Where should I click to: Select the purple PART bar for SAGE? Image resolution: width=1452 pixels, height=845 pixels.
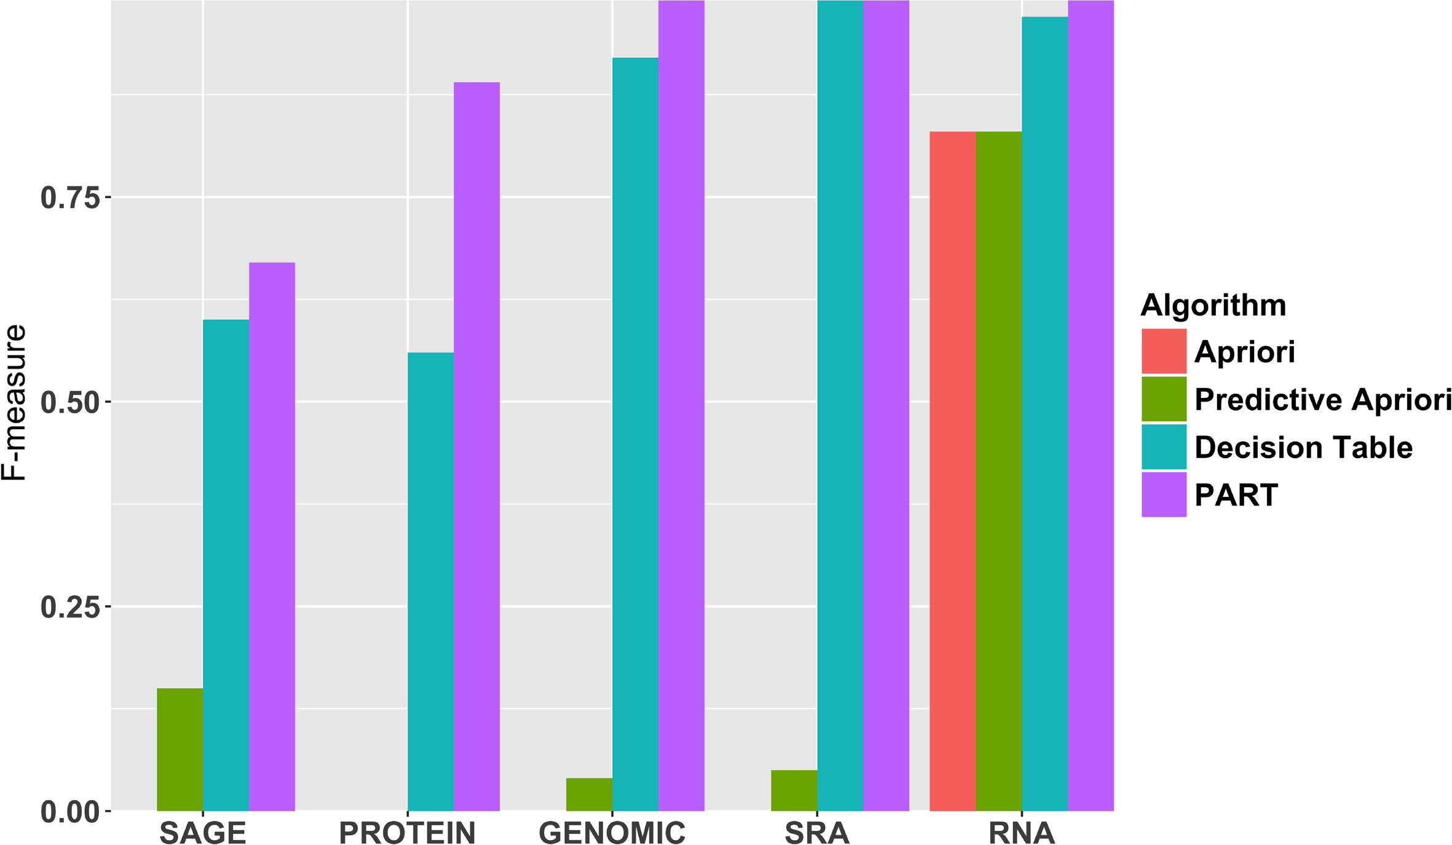click(x=272, y=536)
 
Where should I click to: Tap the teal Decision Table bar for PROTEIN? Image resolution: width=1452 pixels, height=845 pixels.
click(x=430, y=581)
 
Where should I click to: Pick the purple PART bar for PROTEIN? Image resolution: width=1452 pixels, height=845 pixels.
click(x=476, y=446)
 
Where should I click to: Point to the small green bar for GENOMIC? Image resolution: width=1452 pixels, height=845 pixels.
click(x=589, y=794)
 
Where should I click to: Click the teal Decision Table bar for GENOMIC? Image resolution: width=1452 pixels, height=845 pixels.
click(x=635, y=434)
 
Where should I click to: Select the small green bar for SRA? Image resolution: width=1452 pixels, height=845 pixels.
click(x=794, y=790)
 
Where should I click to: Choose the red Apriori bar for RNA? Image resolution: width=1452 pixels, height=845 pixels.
click(x=952, y=470)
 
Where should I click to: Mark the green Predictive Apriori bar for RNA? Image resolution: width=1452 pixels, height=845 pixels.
click(x=998, y=470)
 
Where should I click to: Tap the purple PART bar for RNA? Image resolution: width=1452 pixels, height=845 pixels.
click(x=1091, y=406)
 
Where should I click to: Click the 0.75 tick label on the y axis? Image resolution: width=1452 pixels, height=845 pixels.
click(x=70, y=198)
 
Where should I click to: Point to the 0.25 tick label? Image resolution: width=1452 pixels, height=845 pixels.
click(x=70, y=608)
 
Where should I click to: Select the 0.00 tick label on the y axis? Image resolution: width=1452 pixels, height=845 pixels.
click(x=70, y=812)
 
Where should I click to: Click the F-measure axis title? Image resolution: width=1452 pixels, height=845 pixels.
click(x=14, y=402)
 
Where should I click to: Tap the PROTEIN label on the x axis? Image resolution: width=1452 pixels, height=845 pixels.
click(x=407, y=833)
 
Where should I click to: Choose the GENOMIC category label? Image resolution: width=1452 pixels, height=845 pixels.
click(x=612, y=833)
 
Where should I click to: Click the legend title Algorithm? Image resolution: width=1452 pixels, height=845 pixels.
click(x=1213, y=305)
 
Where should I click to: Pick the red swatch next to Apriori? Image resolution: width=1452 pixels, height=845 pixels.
click(x=1164, y=351)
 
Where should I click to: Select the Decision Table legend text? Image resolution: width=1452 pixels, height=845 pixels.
click(x=1303, y=447)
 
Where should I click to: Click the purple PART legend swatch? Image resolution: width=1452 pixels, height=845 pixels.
click(x=1164, y=494)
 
